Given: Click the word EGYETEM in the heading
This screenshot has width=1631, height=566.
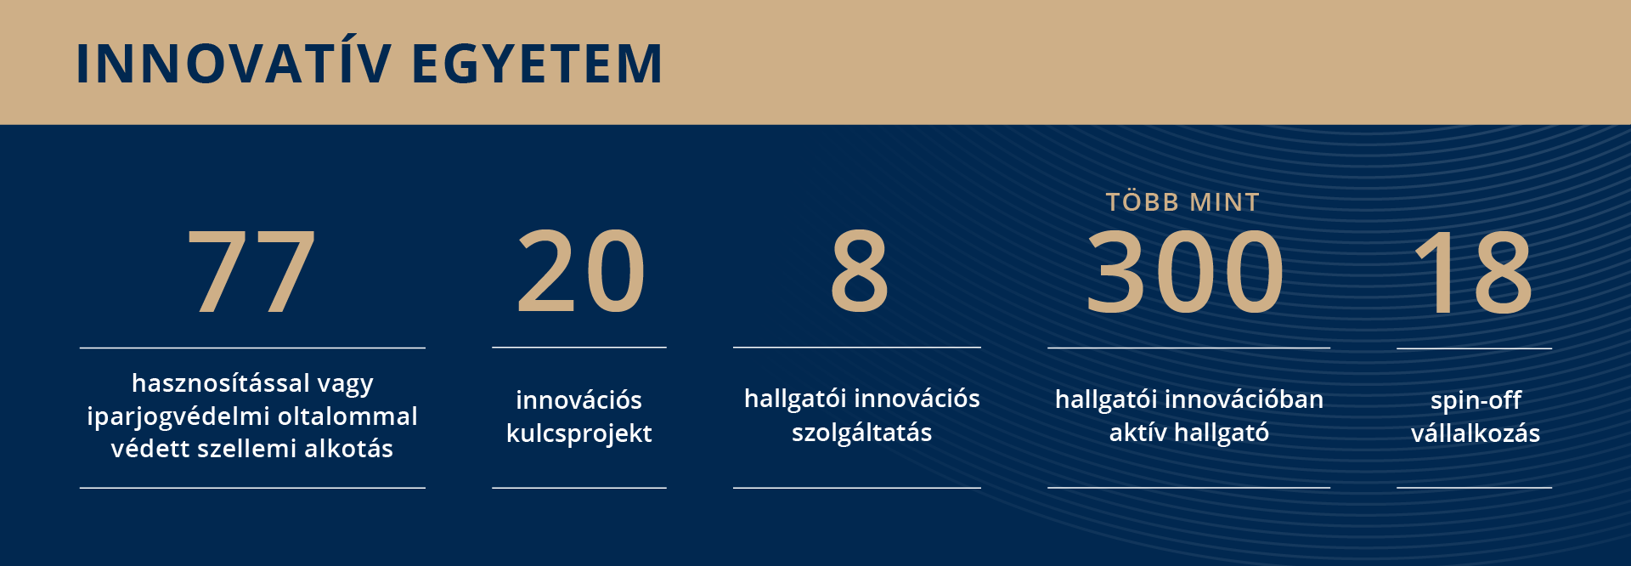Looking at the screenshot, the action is [x=537, y=64].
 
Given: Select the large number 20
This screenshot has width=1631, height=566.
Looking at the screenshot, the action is [x=580, y=271].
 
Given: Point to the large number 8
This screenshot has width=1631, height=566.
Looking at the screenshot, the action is [x=859, y=271].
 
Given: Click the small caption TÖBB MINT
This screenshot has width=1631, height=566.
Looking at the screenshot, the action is [x=1182, y=201].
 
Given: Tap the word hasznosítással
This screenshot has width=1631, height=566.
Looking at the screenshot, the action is [x=221, y=383].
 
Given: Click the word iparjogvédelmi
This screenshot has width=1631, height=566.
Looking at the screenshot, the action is [x=178, y=417].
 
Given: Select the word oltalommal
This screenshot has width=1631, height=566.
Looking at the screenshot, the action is [x=347, y=416].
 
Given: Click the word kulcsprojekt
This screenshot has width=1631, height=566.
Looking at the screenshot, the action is [x=579, y=434].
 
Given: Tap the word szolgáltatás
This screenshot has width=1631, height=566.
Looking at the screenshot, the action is [x=861, y=433].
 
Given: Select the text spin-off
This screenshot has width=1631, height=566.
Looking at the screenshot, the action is [x=1476, y=400].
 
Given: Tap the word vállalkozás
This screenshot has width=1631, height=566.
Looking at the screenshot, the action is [x=1476, y=433].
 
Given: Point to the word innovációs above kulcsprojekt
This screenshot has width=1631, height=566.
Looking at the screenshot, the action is [x=578, y=400].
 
